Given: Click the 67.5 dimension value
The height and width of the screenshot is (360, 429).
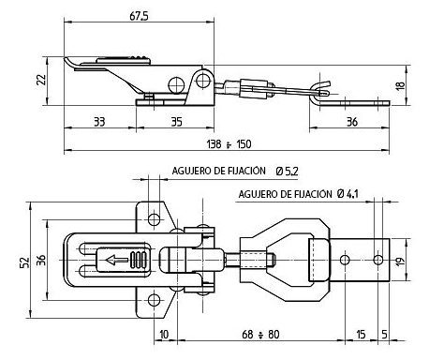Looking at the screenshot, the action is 139,16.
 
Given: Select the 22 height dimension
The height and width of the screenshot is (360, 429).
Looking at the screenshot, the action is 41,80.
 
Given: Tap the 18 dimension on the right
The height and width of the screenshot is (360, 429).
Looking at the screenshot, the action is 400,85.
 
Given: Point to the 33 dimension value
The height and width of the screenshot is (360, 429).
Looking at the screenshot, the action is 99,122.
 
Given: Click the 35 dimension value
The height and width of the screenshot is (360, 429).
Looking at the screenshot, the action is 177,122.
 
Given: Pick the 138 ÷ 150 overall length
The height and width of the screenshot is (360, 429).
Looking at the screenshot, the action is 229,144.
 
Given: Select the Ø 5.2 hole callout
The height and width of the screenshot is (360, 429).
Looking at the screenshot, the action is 287,172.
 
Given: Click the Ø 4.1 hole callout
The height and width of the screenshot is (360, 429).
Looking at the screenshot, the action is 348,194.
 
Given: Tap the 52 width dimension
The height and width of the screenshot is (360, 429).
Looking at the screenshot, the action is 24,262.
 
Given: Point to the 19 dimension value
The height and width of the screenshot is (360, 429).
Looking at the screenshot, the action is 400,260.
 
